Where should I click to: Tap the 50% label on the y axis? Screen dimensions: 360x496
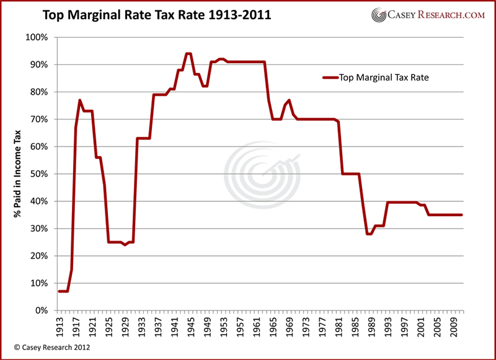point(38,174)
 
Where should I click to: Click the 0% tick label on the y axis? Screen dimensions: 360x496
point(40,310)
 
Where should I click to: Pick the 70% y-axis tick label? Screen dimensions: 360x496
point(38,119)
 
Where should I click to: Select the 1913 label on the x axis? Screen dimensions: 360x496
point(61,326)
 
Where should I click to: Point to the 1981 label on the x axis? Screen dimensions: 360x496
point(342,326)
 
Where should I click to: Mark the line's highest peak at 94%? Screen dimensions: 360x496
point(189,54)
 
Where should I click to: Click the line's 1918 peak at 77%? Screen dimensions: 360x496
point(80,100)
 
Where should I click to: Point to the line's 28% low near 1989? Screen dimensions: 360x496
point(369,234)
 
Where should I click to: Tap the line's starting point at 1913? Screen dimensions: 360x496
point(59,291)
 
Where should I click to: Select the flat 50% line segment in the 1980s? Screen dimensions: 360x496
point(350,174)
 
